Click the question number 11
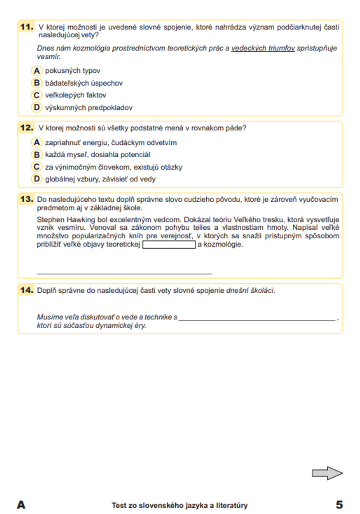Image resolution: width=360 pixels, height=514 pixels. (x=27, y=27)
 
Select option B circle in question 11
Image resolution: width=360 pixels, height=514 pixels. (x=37, y=83)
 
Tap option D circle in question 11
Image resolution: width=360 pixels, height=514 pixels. (x=37, y=107)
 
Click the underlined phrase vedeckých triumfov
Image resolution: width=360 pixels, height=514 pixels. (x=263, y=48)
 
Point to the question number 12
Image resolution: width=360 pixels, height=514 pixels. (x=27, y=128)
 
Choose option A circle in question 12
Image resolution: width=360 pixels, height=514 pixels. (x=37, y=143)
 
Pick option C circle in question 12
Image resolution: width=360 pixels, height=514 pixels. (x=37, y=167)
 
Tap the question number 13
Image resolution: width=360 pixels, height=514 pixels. (x=27, y=199)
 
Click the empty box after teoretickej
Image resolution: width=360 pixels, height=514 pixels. (x=169, y=245)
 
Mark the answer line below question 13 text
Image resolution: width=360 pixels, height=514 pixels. (x=124, y=274)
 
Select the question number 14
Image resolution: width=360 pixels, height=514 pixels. (x=27, y=290)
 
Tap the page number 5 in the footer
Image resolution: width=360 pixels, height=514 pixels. (x=339, y=505)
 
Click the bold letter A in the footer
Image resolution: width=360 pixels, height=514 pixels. (x=21, y=505)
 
